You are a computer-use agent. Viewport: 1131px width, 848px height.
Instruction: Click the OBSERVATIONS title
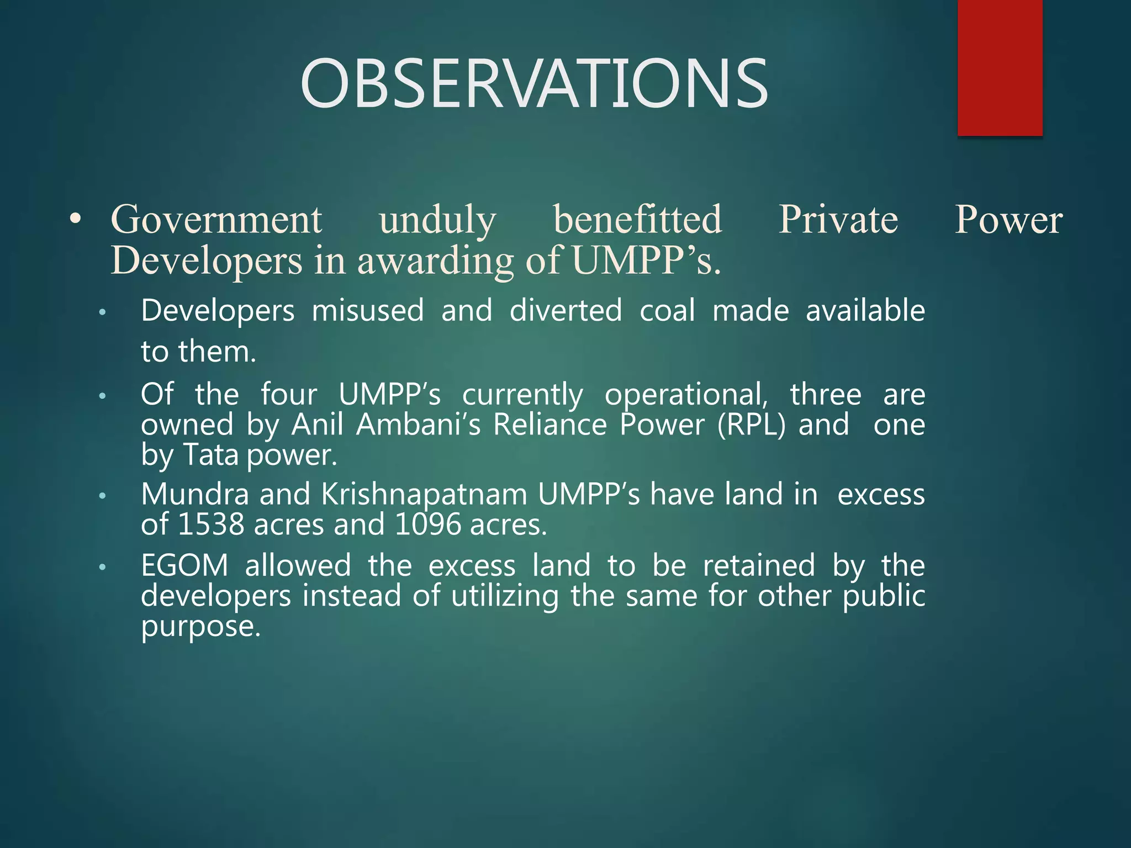click(x=533, y=84)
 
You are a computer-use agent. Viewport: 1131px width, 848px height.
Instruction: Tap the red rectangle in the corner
click(x=1000, y=67)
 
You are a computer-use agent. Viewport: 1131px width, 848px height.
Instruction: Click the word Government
click(x=216, y=220)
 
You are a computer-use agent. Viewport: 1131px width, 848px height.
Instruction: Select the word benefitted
click(x=637, y=220)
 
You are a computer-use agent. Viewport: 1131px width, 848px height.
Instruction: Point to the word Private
click(x=838, y=220)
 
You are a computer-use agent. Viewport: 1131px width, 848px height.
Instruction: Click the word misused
click(x=368, y=310)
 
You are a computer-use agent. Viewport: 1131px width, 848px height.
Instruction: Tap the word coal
click(x=667, y=310)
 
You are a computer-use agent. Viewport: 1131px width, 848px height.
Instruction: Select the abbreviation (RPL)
click(x=751, y=425)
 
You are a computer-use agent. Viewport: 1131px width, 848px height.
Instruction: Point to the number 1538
click(x=211, y=524)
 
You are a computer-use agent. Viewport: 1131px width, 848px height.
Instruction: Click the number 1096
click(x=428, y=524)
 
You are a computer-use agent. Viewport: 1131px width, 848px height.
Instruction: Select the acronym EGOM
click(x=184, y=566)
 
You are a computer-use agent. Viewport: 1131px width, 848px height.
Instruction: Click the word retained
click(x=759, y=566)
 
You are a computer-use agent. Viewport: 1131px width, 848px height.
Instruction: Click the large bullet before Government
click(x=76, y=220)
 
